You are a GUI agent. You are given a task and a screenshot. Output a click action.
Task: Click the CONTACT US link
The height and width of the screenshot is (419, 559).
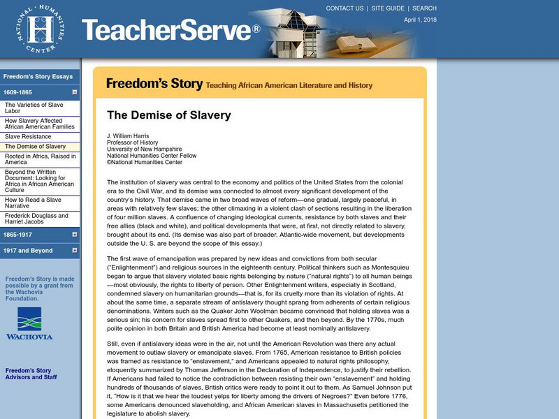[344, 8]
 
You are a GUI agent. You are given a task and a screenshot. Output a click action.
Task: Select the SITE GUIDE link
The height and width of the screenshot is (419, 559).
[388, 8]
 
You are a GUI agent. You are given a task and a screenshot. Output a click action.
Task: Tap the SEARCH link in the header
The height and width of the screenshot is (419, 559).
[424, 8]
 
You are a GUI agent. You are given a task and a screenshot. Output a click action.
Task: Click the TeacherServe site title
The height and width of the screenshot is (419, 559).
[170, 29]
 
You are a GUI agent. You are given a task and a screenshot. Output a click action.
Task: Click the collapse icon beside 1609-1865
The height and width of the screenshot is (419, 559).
[74, 91]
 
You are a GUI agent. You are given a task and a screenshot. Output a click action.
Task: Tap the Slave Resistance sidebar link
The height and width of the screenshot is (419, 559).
[29, 136]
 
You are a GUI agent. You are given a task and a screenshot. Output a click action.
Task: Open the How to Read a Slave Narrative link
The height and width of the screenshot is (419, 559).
[33, 203]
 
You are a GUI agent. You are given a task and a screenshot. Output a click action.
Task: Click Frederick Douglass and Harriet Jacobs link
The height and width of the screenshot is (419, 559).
[36, 219]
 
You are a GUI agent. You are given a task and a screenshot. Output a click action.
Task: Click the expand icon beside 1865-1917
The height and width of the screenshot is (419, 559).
[74, 235]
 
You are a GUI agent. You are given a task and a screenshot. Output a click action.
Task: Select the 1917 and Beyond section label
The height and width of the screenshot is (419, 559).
[28, 251]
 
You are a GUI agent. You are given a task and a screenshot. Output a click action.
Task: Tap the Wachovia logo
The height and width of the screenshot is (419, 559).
[29, 323]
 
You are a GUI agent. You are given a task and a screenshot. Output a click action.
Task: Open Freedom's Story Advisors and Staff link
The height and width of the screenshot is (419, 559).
[32, 374]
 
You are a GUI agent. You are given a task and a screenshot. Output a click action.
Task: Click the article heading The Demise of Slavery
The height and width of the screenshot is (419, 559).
[168, 115]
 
